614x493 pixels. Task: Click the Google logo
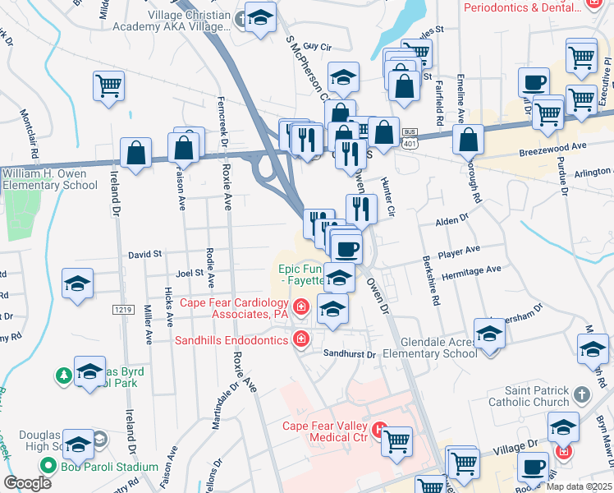[28, 483]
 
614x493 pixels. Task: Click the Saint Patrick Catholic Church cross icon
[582, 394]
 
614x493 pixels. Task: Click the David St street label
[145, 256]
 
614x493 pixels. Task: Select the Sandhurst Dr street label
[348, 355]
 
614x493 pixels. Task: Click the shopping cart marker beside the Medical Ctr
[397, 440]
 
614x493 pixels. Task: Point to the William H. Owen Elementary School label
[49, 179]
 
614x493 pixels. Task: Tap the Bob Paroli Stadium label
[109, 467]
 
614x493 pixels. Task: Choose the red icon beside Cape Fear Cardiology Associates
[301, 307]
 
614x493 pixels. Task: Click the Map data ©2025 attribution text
[578, 486]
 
